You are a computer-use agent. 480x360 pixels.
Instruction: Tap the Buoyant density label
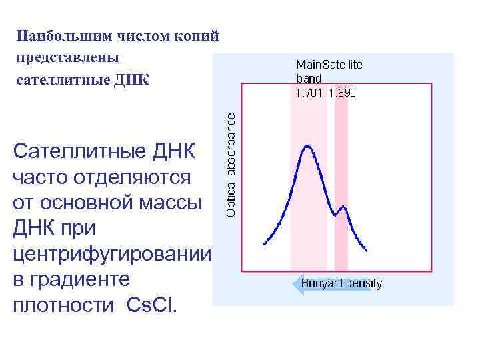point(342,284)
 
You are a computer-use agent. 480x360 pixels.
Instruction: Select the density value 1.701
point(309,93)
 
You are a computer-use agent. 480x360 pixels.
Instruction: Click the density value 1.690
point(342,93)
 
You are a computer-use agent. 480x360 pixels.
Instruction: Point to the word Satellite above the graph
point(343,65)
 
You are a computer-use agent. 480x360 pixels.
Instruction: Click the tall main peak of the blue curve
point(307,146)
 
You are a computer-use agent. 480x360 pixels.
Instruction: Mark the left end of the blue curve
point(265,245)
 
